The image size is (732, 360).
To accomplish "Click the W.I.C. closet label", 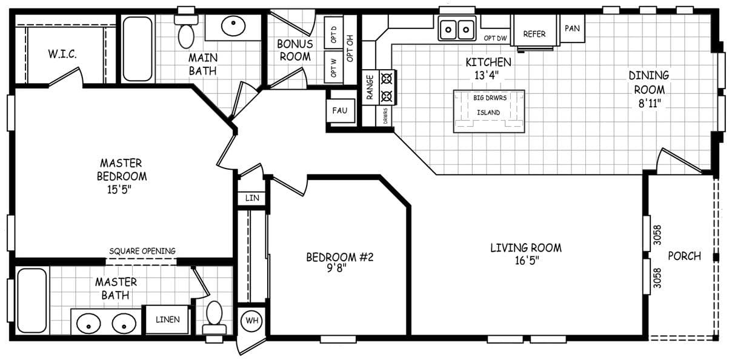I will click(62, 54).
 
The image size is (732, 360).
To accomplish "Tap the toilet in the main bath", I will click(186, 33).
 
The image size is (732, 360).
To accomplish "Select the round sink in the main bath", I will click(233, 26).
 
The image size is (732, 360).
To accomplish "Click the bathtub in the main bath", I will click(138, 49).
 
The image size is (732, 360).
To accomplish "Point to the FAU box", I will click(339, 110).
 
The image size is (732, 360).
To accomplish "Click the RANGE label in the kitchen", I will click(369, 87).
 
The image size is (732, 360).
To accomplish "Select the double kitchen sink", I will click(457, 28).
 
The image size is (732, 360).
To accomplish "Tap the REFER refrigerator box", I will click(534, 34).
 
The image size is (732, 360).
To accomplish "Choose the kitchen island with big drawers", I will click(488, 112).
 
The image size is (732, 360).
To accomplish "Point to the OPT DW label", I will click(495, 38).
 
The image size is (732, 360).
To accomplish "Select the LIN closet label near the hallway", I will click(251, 198).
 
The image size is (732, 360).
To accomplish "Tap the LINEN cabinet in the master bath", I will click(167, 319).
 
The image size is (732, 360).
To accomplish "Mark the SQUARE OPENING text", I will click(142, 251).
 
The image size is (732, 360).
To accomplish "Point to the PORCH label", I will click(684, 256).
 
